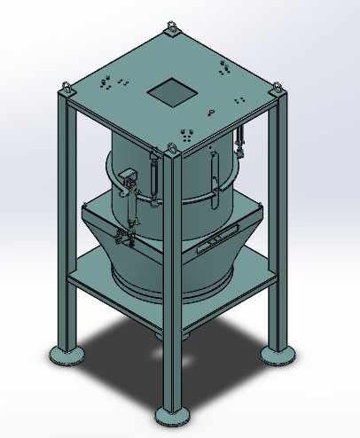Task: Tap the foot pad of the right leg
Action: pyautogui.click(x=278, y=355)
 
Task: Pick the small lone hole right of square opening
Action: pyautogui.click(x=211, y=111)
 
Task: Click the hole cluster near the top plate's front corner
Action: pyautogui.click(x=186, y=136)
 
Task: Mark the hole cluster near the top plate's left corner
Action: pyautogui.click(x=108, y=83)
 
